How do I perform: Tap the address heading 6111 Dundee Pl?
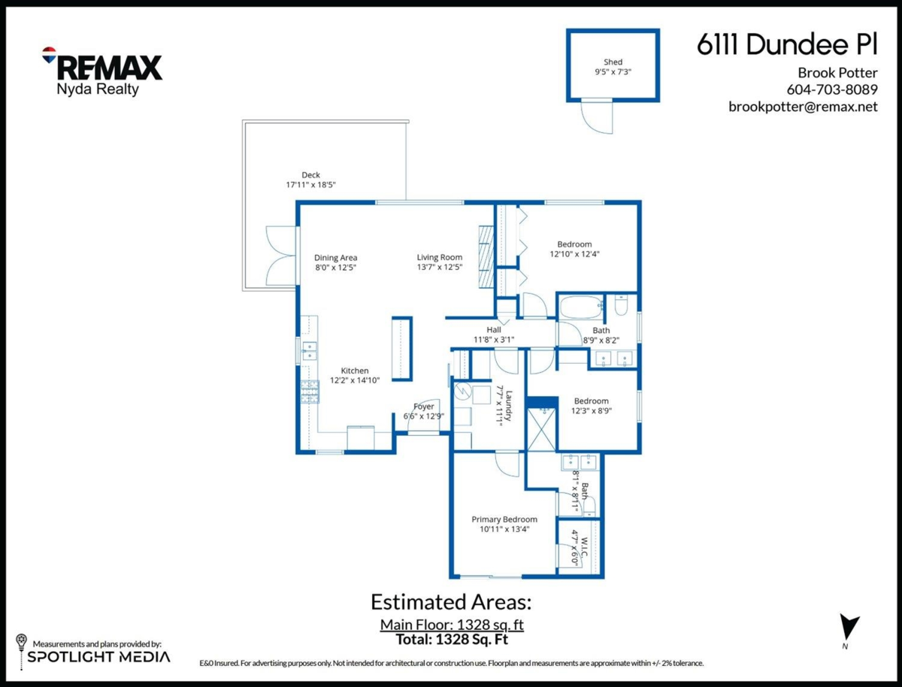pos(787,46)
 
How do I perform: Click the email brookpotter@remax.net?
pos(803,107)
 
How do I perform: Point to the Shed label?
pos(613,62)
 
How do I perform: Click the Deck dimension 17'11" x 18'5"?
pos(310,184)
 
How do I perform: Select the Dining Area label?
pos(335,258)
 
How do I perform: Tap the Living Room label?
pos(440,258)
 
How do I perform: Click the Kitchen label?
pos(355,371)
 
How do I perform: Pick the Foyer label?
pos(424,407)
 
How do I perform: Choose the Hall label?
pos(493,330)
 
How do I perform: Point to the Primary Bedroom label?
pos(504,519)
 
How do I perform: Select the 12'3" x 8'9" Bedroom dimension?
pos(591,410)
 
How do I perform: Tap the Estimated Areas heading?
pos(451,602)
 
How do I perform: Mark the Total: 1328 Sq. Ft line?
pos(452,640)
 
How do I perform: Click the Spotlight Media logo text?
pos(99,657)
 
